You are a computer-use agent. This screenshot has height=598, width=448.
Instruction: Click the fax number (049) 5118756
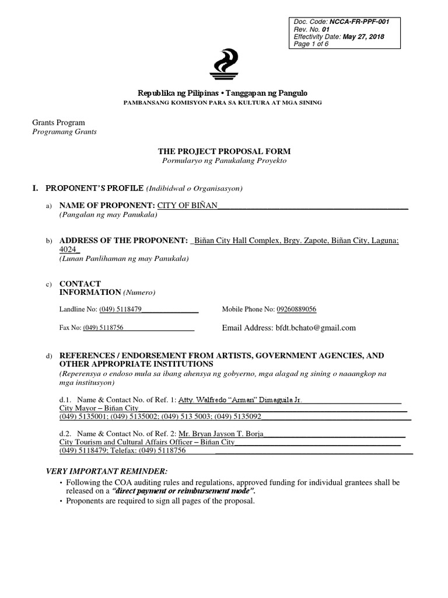coord(103,328)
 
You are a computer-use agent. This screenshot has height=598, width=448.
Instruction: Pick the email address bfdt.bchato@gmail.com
coord(315,328)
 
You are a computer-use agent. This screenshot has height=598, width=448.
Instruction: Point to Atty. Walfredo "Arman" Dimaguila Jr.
coord(239,400)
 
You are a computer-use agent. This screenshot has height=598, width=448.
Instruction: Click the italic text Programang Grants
coord(64,132)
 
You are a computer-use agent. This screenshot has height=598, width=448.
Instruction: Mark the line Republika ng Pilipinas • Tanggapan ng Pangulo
coord(223,93)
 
